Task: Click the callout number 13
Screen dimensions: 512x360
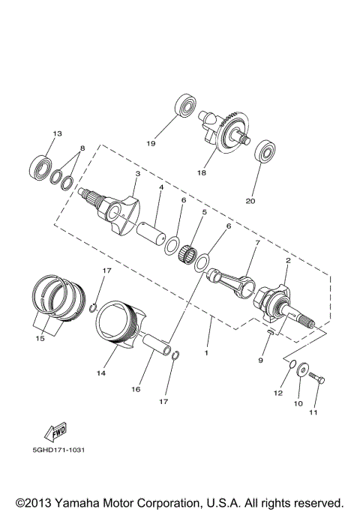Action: click(x=55, y=133)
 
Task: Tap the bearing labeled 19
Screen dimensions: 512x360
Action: click(x=184, y=106)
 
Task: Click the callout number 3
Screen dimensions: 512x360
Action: click(x=136, y=174)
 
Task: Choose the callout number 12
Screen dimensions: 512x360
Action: click(x=277, y=393)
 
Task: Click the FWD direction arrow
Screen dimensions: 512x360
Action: click(x=55, y=434)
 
